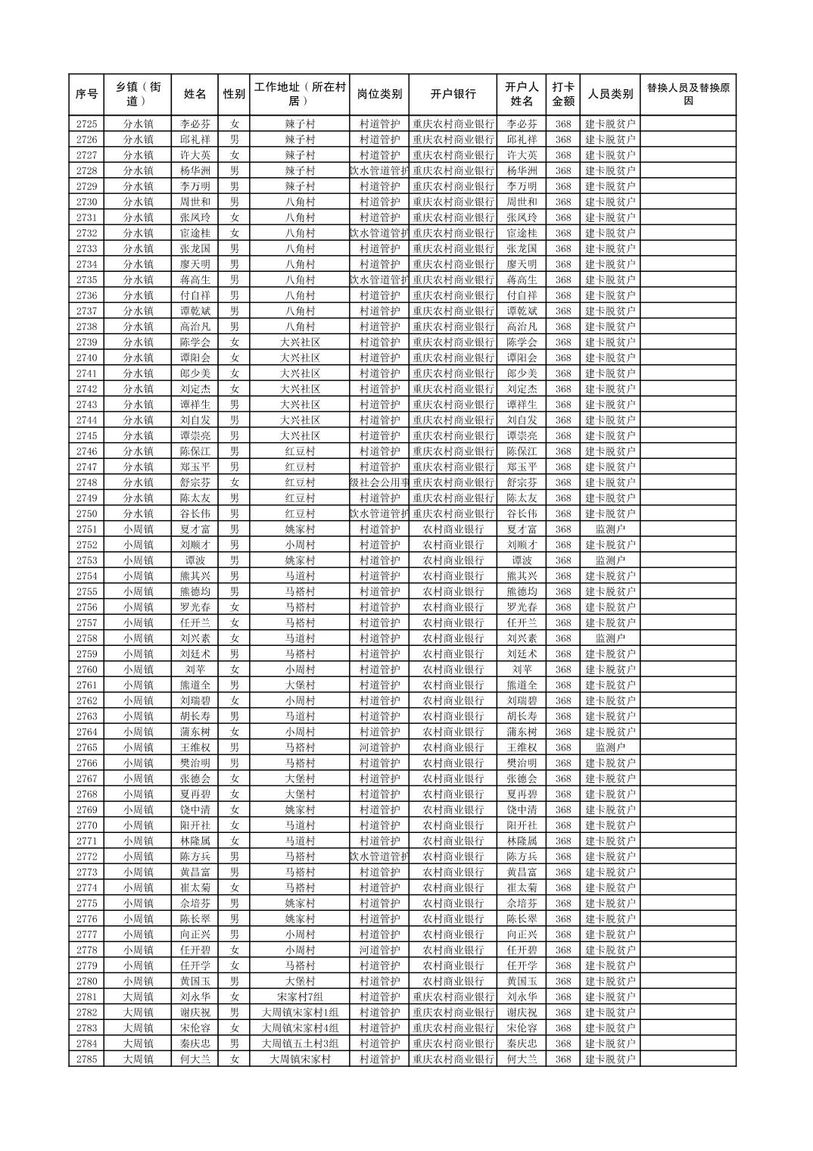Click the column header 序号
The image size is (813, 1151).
click(x=86, y=95)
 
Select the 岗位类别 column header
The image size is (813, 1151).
click(x=379, y=95)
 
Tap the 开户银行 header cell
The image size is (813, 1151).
click(x=453, y=95)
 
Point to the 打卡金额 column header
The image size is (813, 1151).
click(x=562, y=95)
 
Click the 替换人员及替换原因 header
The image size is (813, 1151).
click(x=687, y=95)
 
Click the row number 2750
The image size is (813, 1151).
click(x=86, y=513)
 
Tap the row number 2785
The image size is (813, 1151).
click(x=86, y=1059)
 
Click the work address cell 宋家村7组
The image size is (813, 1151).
click(x=300, y=997)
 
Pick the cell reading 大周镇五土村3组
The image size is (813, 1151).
click(x=300, y=1043)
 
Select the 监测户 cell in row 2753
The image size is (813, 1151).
click(x=610, y=560)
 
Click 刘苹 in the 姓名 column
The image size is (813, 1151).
click(x=195, y=669)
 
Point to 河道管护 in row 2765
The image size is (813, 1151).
click(x=379, y=747)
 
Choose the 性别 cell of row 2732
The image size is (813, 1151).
click(x=234, y=233)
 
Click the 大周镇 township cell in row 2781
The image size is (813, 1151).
click(x=139, y=997)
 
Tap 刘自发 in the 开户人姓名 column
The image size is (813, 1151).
click(x=522, y=420)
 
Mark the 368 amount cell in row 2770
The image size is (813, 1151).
click(x=562, y=825)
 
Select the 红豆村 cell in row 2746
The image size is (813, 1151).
click(x=300, y=451)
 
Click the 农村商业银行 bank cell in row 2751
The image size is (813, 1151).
click(x=453, y=529)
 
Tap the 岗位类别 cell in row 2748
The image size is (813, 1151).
click(x=379, y=482)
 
